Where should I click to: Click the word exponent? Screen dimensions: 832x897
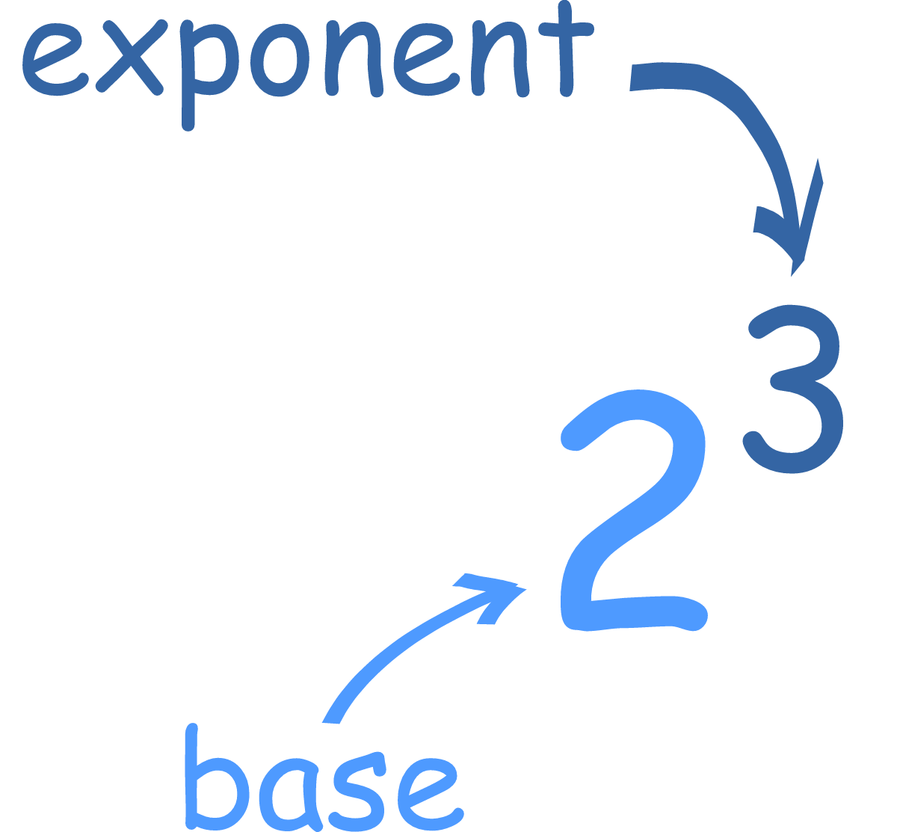[306, 60]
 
